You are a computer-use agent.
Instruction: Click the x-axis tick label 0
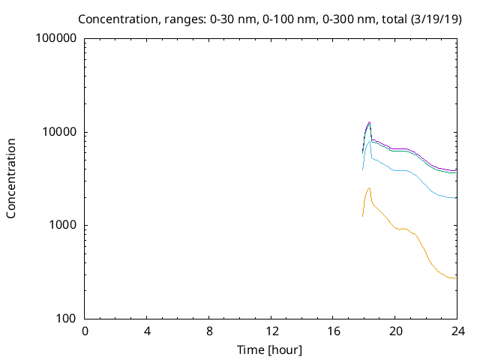tap(85, 331)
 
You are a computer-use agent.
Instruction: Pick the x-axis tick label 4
tap(147, 331)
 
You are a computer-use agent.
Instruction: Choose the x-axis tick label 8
tap(209, 331)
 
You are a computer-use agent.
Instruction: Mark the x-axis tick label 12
tap(271, 331)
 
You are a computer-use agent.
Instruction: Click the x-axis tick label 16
tap(333, 331)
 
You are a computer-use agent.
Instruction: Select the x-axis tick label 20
tap(395, 331)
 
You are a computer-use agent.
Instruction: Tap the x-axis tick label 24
tap(457, 331)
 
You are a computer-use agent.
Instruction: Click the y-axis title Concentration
tap(11, 178)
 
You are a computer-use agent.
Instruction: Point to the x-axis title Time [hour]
tap(271, 349)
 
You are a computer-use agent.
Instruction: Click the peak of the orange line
tap(369, 187)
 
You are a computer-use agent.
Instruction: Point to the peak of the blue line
tap(369, 141)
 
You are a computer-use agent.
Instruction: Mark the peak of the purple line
tap(369, 121)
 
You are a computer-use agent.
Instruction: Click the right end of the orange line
tap(455, 278)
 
